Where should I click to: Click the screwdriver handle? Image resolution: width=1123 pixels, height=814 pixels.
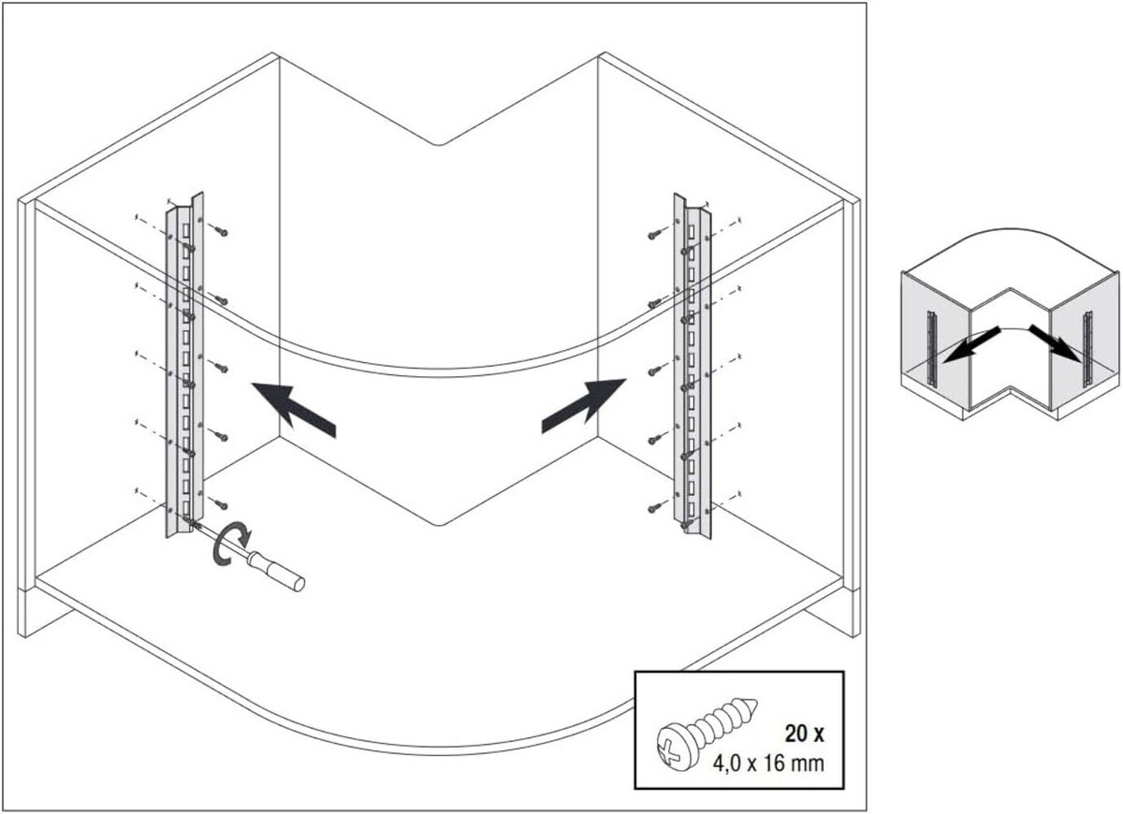pyautogui.click(x=278, y=572)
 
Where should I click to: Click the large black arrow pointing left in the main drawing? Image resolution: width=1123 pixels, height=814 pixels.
pyautogui.click(x=293, y=410)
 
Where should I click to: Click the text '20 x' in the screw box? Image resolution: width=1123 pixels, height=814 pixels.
pyautogui.click(x=804, y=734)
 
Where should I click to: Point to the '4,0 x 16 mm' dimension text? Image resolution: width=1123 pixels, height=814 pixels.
pyautogui.click(x=768, y=763)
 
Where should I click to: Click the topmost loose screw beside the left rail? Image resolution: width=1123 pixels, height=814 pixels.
pyautogui.click(x=221, y=231)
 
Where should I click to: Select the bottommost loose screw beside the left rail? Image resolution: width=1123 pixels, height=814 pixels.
pyautogui.click(x=221, y=504)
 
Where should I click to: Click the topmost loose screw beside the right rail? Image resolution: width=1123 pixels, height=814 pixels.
pyautogui.click(x=654, y=235)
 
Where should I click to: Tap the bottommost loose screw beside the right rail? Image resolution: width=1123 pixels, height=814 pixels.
pyautogui.click(x=654, y=509)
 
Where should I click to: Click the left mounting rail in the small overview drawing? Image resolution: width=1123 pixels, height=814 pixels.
pyautogui.click(x=931, y=349)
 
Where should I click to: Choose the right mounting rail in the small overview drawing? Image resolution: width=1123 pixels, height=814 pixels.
pyautogui.click(x=1087, y=349)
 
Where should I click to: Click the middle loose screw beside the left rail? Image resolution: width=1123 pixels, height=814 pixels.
pyautogui.click(x=221, y=369)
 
